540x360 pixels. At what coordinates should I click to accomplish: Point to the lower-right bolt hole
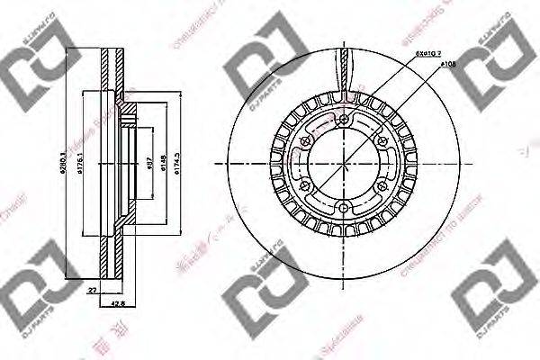pyautogui.click(x=383, y=185)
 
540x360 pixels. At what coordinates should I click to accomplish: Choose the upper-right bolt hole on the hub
pyautogui.click(x=383, y=143)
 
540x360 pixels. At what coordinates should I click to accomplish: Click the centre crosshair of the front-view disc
pyautogui.click(x=346, y=164)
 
